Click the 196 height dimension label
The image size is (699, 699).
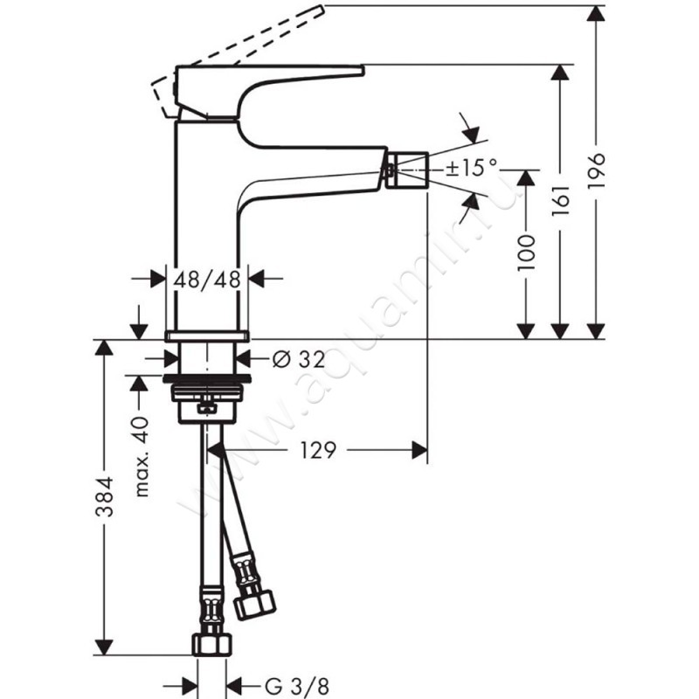[x=596, y=171]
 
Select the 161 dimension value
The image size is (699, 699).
[x=561, y=200]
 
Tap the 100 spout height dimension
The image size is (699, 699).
[x=526, y=253]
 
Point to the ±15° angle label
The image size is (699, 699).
[x=471, y=168]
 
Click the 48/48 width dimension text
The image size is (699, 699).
[x=207, y=280]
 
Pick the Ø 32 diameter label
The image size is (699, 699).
[x=299, y=359]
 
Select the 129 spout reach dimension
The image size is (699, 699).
[x=317, y=450]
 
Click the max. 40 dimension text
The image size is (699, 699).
[x=142, y=456]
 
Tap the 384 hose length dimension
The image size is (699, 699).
[x=105, y=496]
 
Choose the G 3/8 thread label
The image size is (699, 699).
[x=297, y=686]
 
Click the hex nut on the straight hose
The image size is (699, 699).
[x=212, y=644]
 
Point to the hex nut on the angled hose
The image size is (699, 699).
[x=255, y=604]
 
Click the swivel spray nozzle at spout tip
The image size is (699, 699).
[x=406, y=170]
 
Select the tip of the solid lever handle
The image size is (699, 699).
[x=363, y=70]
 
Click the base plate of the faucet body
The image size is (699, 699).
[x=207, y=336]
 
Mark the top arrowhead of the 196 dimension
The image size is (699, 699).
[x=596, y=14]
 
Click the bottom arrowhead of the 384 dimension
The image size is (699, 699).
[x=104, y=647]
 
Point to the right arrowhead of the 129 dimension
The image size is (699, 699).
[x=419, y=450]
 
